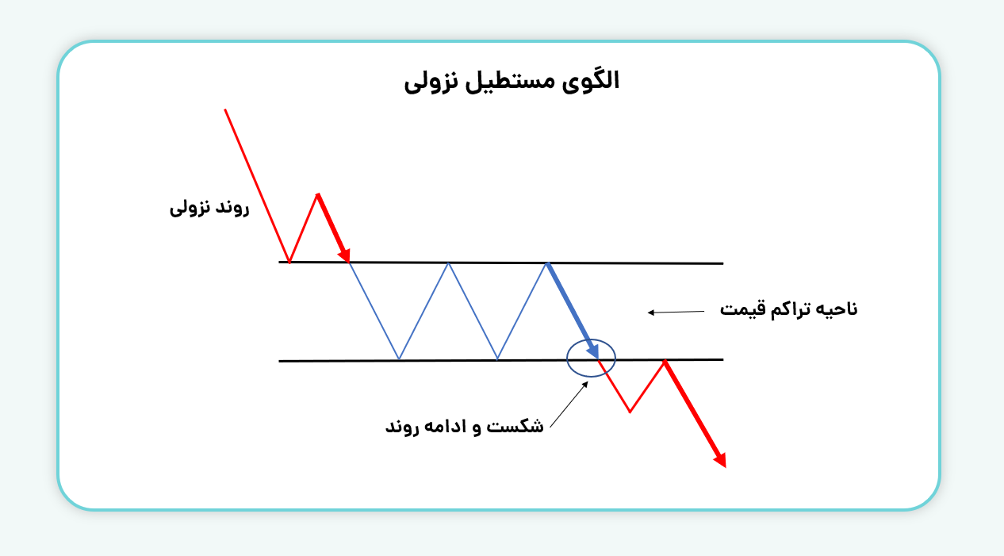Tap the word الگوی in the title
591,82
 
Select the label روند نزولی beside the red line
209,208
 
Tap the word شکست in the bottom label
515,425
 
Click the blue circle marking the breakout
568,358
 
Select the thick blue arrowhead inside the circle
593,351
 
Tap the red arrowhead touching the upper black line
344,255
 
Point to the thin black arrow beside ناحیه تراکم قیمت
676,312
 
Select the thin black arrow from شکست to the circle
569,405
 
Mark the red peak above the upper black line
318,194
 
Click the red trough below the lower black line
630,411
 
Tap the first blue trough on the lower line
399,359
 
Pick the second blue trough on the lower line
497,359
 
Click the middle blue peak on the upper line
448,263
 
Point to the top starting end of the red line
225,109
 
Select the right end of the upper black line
722,263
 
